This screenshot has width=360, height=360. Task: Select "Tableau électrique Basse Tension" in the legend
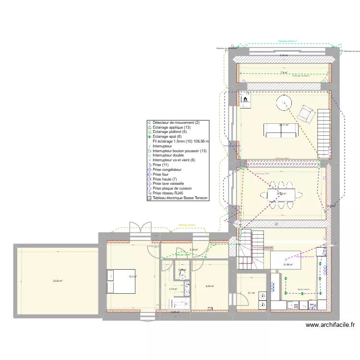180,197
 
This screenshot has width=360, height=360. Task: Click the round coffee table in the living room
284,103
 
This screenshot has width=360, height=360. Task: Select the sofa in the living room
280,130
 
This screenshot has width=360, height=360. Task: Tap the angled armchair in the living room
305,114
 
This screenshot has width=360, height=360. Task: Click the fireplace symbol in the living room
245,99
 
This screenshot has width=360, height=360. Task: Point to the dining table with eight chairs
281,194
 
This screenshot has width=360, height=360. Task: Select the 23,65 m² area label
58,281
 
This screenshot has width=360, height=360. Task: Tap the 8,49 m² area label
210,287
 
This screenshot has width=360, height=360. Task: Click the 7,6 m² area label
283,73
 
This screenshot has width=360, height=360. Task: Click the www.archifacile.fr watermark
331,325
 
